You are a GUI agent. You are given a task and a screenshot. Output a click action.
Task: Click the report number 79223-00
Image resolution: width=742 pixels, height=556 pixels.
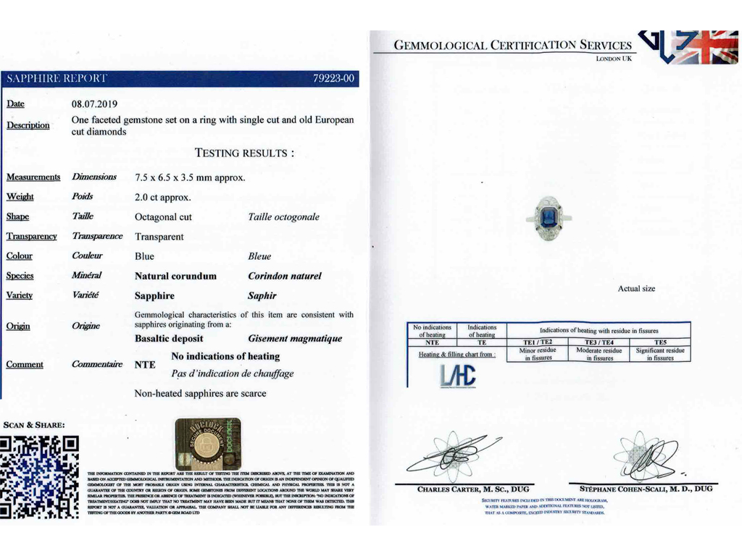click(x=333, y=78)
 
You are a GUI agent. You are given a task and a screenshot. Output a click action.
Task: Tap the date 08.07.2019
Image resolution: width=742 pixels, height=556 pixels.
click(x=94, y=104)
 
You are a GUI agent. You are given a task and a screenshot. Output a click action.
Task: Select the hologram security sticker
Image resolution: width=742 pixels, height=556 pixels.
click(x=208, y=442)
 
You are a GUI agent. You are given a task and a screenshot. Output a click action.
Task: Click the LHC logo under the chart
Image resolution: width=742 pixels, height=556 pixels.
click(x=458, y=374)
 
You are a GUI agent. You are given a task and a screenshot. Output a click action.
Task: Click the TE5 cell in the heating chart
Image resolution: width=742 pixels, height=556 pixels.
click(x=660, y=342)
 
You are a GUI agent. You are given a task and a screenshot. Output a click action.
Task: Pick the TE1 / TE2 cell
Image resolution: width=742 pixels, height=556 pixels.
click(x=538, y=342)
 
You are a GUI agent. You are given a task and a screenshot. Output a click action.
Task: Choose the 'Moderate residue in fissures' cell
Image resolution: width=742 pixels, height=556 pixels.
click(x=599, y=354)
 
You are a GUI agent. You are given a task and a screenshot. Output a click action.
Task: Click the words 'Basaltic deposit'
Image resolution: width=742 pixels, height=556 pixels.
click(x=169, y=338)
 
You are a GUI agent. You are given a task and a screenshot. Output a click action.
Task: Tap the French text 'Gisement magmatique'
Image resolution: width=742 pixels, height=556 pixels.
click(x=295, y=338)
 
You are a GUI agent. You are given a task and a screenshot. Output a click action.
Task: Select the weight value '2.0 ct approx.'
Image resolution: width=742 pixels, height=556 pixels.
click(x=163, y=197)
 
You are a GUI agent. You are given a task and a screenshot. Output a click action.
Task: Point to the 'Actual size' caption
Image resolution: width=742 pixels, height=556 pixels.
click(x=636, y=289)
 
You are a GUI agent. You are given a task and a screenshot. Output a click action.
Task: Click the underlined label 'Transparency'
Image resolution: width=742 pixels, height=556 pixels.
click(x=32, y=236)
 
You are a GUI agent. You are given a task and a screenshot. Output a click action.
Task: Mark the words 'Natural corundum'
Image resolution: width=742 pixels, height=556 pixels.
click(x=175, y=276)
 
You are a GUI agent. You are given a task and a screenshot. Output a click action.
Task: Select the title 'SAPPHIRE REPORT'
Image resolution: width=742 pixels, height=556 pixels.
click(x=57, y=78)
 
